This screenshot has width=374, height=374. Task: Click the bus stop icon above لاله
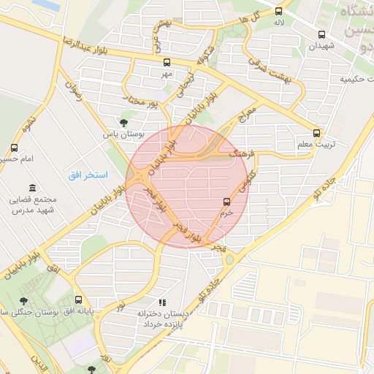point(278,11)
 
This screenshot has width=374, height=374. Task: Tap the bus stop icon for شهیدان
point(321,34)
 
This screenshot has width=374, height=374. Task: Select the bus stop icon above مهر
point(167,62)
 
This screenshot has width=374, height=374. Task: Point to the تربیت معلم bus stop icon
point(316,133)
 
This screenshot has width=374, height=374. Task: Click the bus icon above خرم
point(226,202)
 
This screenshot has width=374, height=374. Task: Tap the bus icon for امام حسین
point(15,147)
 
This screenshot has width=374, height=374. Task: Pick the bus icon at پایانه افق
point(78,299)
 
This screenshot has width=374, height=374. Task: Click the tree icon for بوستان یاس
point(123,122)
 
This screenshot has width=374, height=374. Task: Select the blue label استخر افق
point(88,175)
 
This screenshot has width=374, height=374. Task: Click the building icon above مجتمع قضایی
point(31,188)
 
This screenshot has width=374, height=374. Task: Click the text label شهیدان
point(321,46)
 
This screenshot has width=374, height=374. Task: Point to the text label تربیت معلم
point(316,145)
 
